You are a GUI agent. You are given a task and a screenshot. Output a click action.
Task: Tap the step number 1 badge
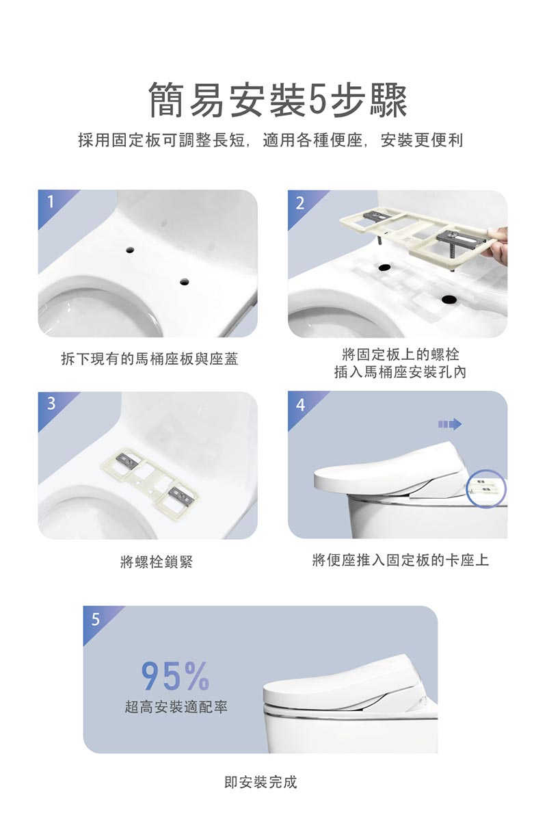point(50,202)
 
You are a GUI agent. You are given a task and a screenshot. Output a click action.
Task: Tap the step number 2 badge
point(299,203)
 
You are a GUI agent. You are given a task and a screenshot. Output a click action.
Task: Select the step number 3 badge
point(51,404)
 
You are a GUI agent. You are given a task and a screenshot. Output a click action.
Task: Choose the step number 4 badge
point(300,404)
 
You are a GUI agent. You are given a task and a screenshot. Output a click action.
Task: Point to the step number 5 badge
point(96,619)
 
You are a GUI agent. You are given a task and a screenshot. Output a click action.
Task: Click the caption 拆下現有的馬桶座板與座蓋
point(149,359)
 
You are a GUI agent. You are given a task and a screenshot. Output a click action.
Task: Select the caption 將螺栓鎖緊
point(156,562)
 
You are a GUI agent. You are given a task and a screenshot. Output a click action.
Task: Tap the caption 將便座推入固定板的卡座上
point(400,561)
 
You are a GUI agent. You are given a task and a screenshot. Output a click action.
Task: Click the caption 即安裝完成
point(261,781)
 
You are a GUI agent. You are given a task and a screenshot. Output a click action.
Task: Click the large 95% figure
point(175,676)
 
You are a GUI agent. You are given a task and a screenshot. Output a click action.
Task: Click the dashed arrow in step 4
point(449,424)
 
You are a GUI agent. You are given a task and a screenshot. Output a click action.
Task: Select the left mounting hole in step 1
point(128,251)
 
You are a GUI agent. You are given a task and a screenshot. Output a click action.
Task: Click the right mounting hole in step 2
point(448,298)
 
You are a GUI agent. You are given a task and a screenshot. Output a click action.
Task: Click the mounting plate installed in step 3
point(152,482)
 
